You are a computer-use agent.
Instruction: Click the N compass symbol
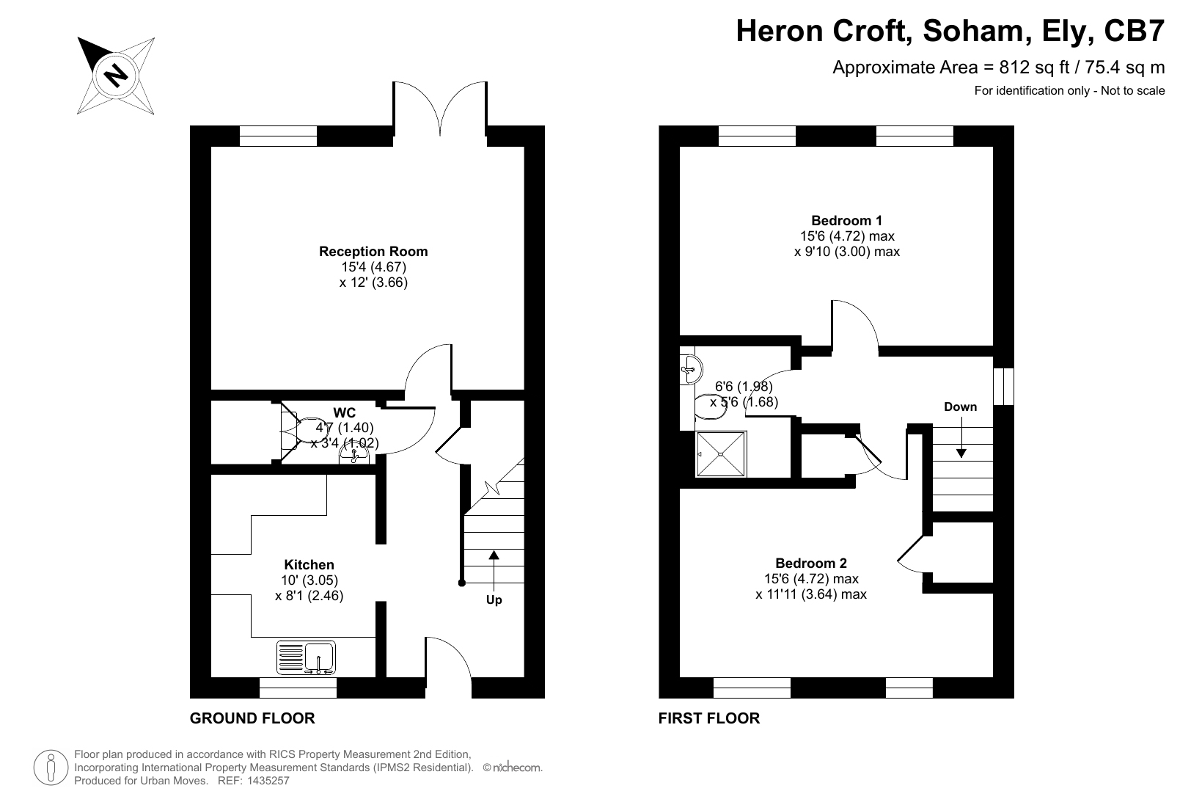(x=116, y=75)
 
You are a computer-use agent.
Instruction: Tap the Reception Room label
(x=373, y=251)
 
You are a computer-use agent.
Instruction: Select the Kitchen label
(x=309, y=565)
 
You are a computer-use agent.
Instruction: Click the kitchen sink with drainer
(x=306, y=657)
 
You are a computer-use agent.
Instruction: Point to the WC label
(x=345, y=413)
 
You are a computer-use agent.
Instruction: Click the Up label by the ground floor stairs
(x=494, y=599)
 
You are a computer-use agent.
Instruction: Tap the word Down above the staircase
(x=961, y=407)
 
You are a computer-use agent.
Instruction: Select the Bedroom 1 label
(x=847, y=221)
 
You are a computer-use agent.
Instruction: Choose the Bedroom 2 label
(x=811, y=563)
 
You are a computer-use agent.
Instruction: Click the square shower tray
(x=721, y=454)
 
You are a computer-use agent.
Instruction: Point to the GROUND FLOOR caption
(x=252, y=718)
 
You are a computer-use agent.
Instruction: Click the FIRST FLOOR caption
(x=709, y=718)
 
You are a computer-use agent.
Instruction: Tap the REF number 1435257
(x=268, y=781)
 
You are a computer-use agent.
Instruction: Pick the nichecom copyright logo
(x=513, y=768)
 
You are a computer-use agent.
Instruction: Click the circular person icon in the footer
(x=51, y=768)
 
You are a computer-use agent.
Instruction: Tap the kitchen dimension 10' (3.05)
(x=309, y=580)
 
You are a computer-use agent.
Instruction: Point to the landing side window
(x=1003, y=386)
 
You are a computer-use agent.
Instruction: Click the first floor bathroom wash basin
(x=691, y=369)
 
